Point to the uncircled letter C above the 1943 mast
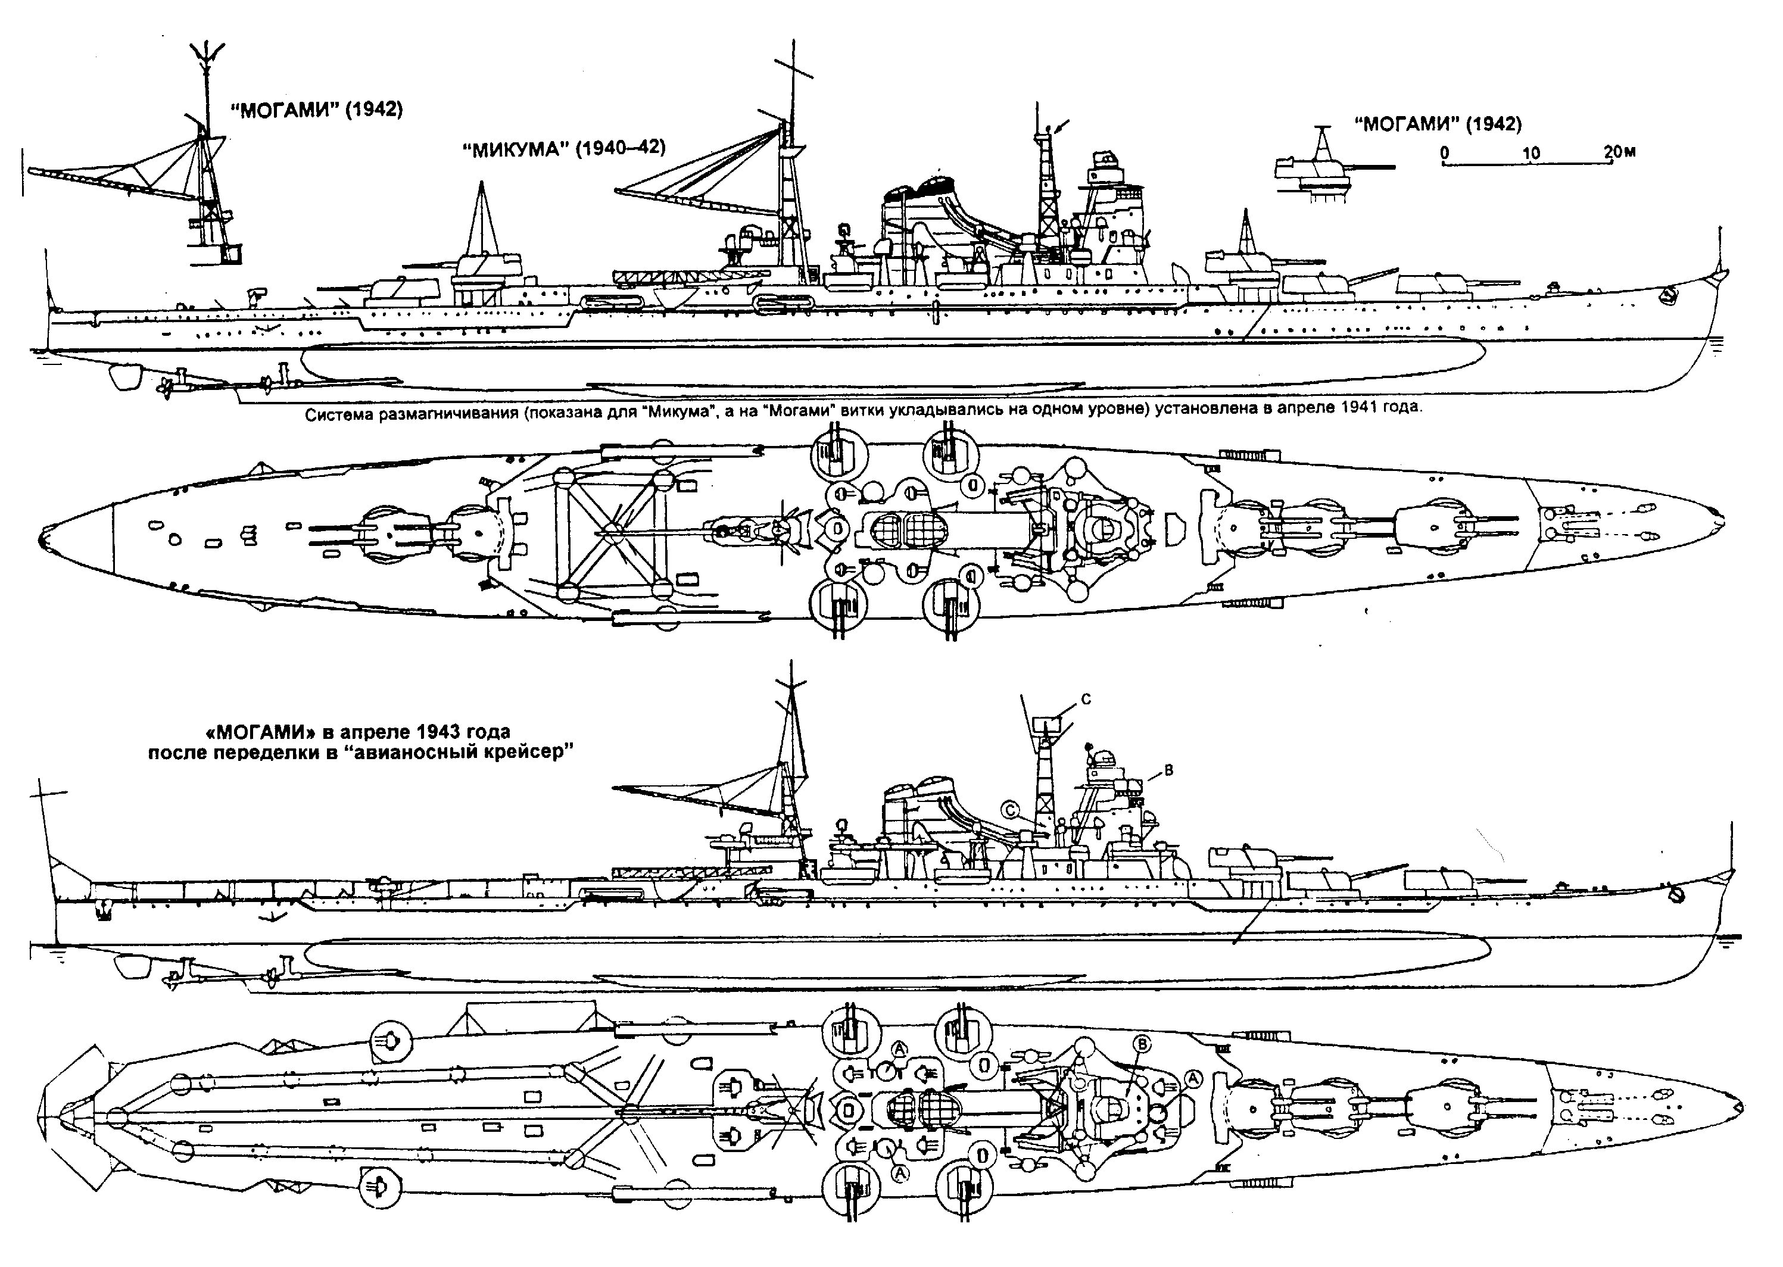pos(1086,700)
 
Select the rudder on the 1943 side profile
pos(130,966)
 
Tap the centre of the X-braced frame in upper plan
pos(614,530)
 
